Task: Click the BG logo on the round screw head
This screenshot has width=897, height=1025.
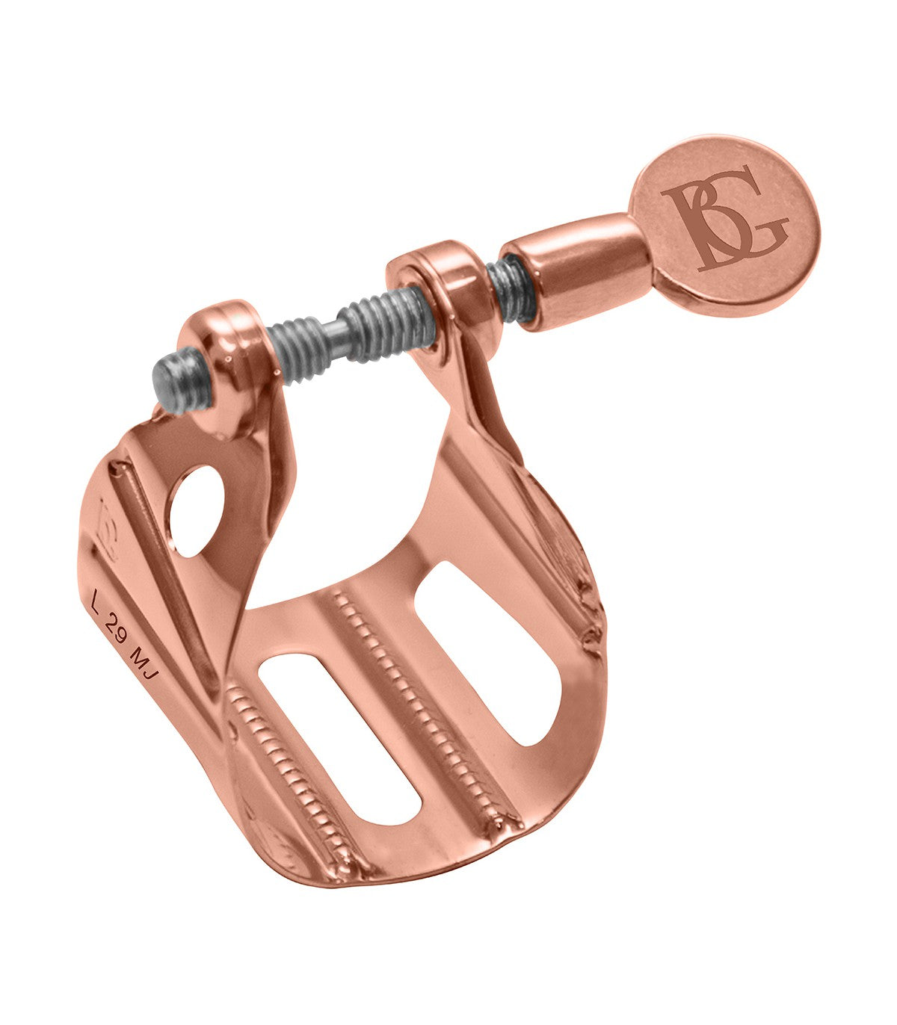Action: [725, 218]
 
